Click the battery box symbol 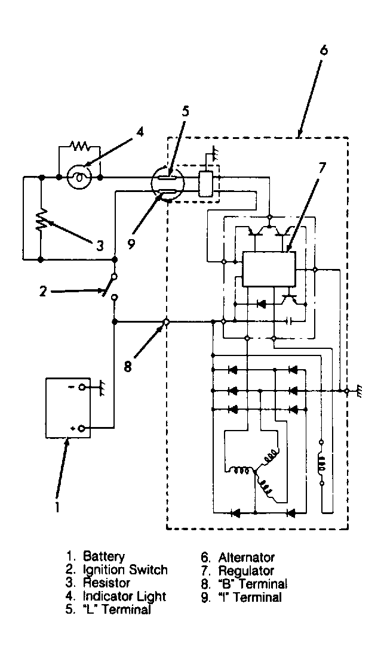coord(68,408)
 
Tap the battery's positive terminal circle coord(82,428)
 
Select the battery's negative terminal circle coord(82,386)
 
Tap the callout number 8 coord(128,366)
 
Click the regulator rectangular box coord(269,269)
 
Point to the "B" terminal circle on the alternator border coord(166,323)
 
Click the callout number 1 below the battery coord(57,508)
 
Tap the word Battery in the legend coord(104,556)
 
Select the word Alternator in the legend coord(246,558)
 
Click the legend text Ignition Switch coord(125,570)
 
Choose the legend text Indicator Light coord(125,596)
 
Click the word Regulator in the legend coord(246,571)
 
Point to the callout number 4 coord(139,132)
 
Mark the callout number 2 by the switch coord(43,291)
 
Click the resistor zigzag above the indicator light coord(79,146)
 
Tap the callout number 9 coord(131,243)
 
